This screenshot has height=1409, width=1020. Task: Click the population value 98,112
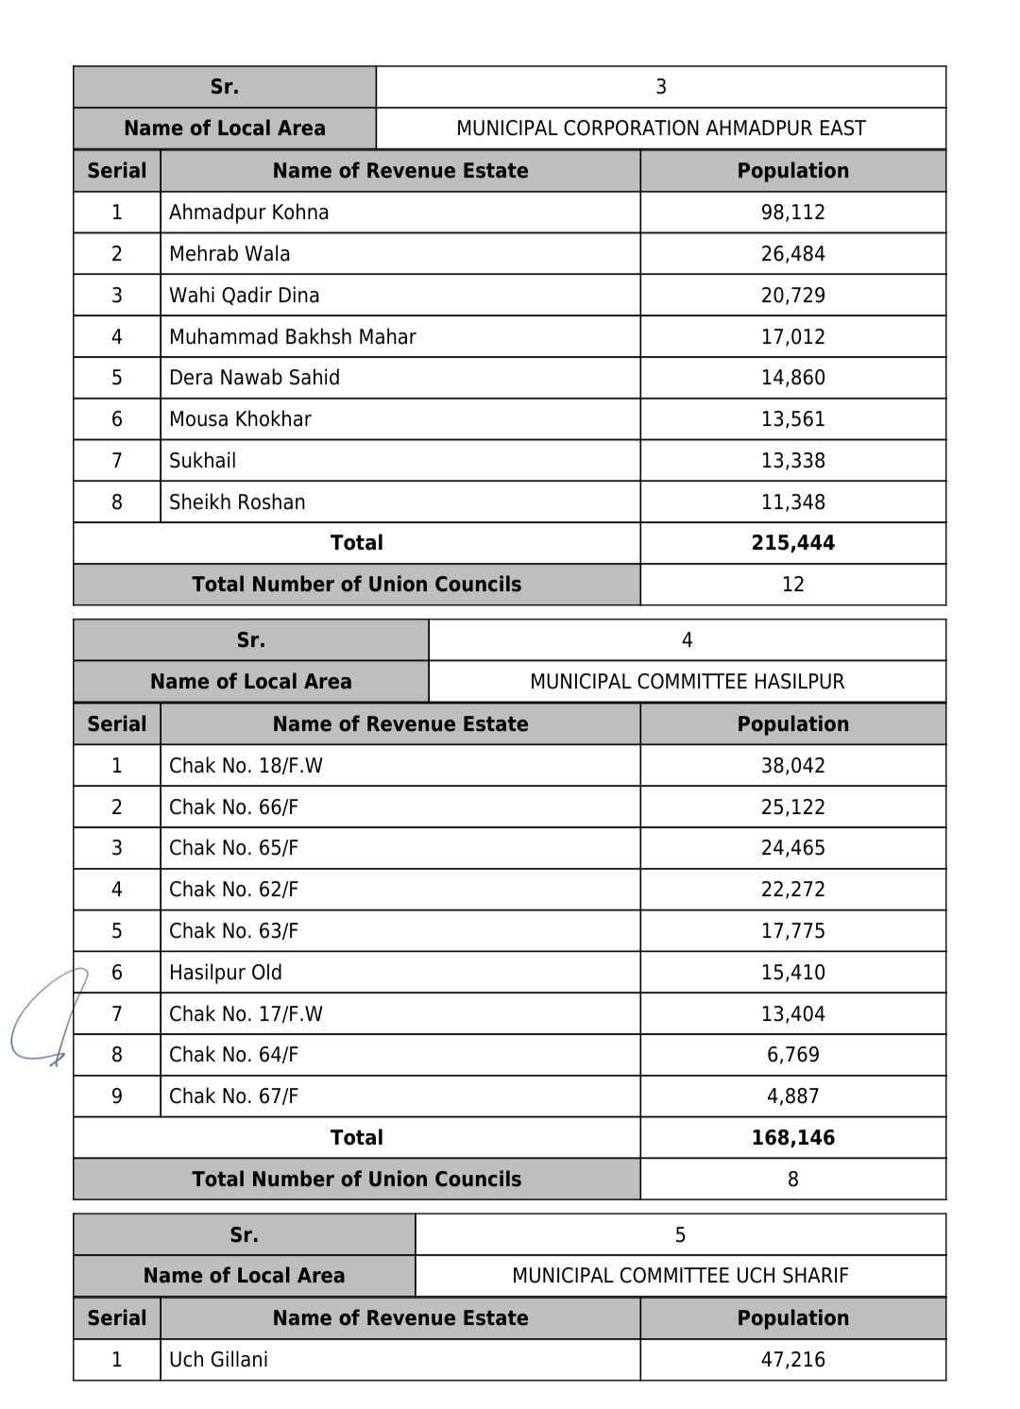792,212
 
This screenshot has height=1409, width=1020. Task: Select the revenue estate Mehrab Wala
229,254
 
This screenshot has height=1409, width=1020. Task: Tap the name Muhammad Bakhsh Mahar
292,337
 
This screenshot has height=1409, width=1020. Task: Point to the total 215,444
792,543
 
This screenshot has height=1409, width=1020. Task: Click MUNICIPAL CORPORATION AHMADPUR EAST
660,128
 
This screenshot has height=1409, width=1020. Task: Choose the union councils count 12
792,585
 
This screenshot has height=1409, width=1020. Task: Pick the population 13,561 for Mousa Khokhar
792,419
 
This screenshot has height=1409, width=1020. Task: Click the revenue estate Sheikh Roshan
237,502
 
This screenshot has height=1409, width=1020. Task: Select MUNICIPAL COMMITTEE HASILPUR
687,682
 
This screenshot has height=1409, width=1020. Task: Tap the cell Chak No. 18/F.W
246,766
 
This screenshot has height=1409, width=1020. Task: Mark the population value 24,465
792,848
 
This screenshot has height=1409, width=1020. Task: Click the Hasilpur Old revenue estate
225,973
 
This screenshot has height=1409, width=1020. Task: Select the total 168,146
792,1138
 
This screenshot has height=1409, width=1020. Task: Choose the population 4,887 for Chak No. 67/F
792,1096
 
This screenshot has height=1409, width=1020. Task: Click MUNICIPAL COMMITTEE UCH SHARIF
680,1276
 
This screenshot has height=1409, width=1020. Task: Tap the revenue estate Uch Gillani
218,1360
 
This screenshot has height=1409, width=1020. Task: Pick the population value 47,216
792,1360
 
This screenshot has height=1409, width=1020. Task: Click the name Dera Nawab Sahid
254,378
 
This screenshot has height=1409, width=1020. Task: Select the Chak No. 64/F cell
233,1055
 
